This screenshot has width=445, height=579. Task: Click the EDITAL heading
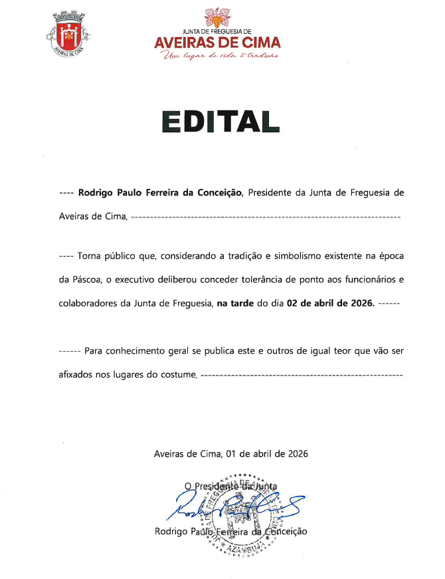220,121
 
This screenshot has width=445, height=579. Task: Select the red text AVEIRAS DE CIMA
217,43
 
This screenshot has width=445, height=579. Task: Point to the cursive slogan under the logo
217,57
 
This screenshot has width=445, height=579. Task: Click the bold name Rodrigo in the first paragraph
97,193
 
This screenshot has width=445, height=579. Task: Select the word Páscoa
88,279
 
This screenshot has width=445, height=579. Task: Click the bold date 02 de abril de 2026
331,303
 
